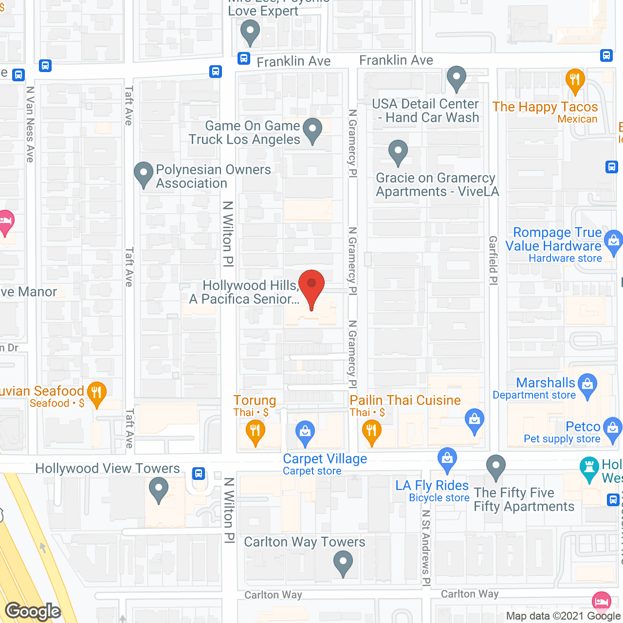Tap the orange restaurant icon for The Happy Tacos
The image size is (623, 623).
pyautogui.click(x=575, y=80)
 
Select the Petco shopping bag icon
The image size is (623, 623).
pyautogui.click(x=612, y=428)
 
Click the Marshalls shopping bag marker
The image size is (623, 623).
pyautogui.click(x=588, y=384)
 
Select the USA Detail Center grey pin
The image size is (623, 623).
pyautogui.click(x=457, y=77)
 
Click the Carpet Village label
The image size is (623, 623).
pyautogui.click(x=325, y=459)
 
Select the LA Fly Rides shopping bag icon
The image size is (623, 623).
pyautogui.click(x=447, y=458)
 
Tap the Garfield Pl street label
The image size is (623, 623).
pyautogui.click(x=493, y=260)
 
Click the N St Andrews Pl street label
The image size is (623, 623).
pyautogui.click(x=426, y=548)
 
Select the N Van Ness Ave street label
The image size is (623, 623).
pyautogui.click(x=30, y=124)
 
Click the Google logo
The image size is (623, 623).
pyautogui.click(x=33, y=611)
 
